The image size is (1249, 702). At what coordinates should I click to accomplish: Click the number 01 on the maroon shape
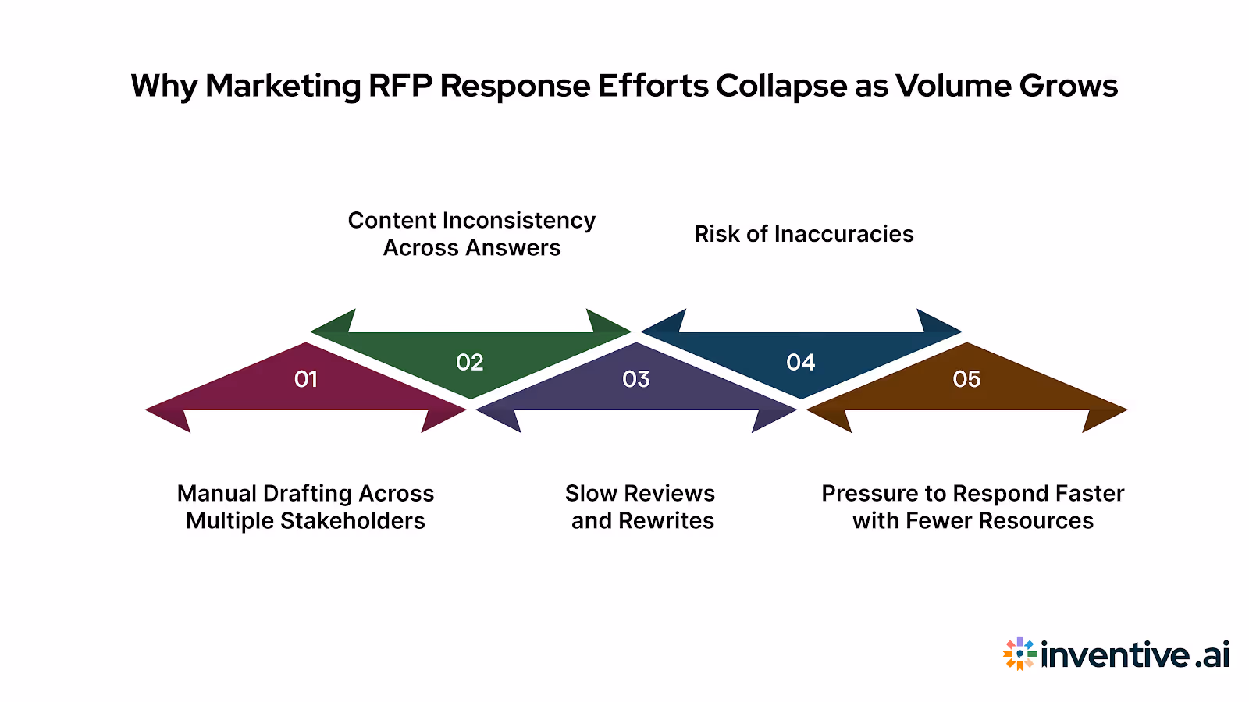click(x=306, y=379)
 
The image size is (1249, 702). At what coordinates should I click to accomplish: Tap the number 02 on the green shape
click(x=470, y=362)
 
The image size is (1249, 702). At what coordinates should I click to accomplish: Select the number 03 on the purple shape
click(x=636, y=379)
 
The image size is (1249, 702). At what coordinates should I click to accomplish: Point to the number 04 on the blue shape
click(x=801, y=362)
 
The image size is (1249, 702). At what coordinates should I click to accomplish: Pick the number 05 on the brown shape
click(x=966, y=379)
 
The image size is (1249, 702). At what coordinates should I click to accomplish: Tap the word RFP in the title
click(x=400, y=86)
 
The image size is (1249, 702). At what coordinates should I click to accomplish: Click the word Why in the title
click(x=164, y=86)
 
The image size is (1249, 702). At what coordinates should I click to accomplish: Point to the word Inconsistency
click(x=518, y=221)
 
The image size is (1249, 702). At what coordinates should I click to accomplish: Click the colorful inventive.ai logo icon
click(x=1019, y=654)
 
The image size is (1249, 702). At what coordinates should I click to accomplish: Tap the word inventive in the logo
click(x=1116, y=654)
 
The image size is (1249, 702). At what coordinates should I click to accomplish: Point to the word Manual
click(x=216, y=493)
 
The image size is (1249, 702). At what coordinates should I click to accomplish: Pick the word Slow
click(x=591, y=493)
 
